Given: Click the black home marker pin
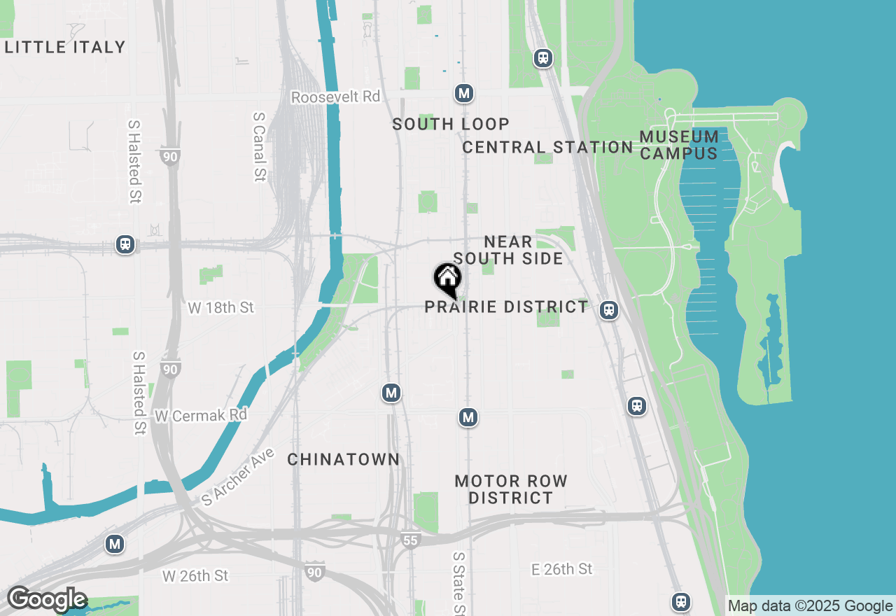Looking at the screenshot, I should coord(447,278).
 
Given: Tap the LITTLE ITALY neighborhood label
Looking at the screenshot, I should coord(65,47).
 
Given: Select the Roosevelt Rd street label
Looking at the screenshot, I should coord(336,97).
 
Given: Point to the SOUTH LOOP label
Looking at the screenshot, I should coord(451,124).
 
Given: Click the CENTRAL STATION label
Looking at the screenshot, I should coord(547,147).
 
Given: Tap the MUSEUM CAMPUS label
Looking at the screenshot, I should coord(679,144).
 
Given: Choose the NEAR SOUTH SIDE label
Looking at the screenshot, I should coord(508,250).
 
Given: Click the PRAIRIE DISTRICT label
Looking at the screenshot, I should coord(507,307).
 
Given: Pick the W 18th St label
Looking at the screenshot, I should coord(221,307).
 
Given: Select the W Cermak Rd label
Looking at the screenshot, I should coord(201,415).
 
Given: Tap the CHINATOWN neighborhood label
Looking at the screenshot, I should coord(344,459).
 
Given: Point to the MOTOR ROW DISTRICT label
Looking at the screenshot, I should coord(511,489).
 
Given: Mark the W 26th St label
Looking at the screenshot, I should coord(195,575).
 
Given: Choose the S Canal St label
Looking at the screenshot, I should coord(259,147).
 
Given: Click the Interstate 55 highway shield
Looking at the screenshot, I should coord(411,540).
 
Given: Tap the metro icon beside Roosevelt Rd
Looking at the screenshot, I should coord(463,93).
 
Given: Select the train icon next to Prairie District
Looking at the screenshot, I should coord(609,309).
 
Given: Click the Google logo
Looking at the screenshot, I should coord(47,599).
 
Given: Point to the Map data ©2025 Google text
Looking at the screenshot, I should coord(810,606).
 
